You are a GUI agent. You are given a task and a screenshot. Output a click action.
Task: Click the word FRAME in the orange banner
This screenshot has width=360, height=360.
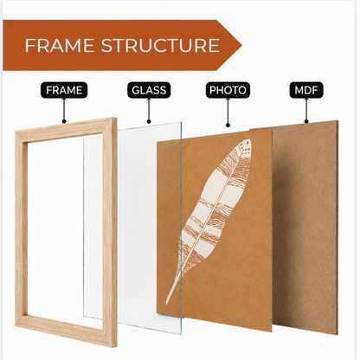pos(60,46)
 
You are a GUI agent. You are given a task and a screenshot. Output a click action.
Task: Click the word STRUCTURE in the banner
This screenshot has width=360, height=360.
pos(160,46)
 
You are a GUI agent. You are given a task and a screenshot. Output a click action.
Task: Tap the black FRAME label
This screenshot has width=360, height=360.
pos(64,90)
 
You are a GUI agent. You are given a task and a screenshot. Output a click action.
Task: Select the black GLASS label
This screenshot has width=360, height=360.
pos(149,90)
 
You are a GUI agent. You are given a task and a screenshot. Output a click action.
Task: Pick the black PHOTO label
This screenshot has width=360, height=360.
pos(228,90)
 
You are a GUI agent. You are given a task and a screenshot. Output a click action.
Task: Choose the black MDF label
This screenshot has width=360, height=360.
pos(306,90)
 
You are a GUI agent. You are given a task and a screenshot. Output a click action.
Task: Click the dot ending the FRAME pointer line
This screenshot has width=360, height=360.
pos(64,121)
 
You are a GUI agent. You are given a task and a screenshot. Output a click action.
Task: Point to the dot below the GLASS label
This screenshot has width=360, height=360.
pos(149,121)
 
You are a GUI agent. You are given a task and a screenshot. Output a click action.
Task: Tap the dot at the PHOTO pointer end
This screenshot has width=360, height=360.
pos(228,125)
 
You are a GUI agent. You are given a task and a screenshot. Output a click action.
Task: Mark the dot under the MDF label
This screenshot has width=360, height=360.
pos(306,121)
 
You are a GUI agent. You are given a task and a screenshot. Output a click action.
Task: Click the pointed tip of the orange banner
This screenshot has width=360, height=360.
pos(241,45)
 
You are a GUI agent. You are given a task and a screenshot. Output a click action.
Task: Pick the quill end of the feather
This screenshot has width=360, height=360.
pos(168,300)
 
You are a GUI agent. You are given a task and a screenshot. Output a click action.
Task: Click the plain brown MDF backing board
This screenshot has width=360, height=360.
pos(305,228)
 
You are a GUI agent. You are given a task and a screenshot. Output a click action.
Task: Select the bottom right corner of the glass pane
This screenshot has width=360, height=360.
pos(181,333)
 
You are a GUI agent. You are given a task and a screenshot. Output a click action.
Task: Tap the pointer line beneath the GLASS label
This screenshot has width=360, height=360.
pos(149,109)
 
